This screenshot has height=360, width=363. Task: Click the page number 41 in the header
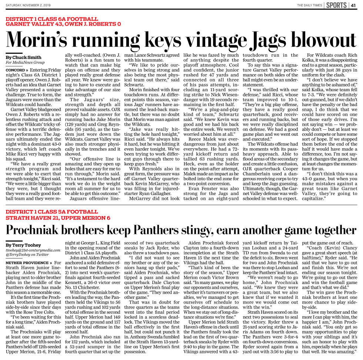353,5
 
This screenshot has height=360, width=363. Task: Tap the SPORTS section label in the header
336,5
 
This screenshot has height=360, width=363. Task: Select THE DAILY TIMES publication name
310,5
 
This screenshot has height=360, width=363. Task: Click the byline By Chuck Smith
18,57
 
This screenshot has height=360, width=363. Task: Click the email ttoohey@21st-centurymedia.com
33,250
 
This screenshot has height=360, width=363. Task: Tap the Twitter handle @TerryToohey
27,255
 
